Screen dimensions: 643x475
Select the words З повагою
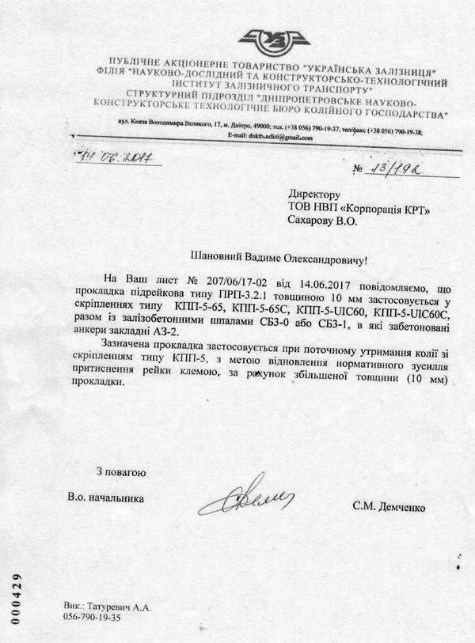point(118,472)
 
